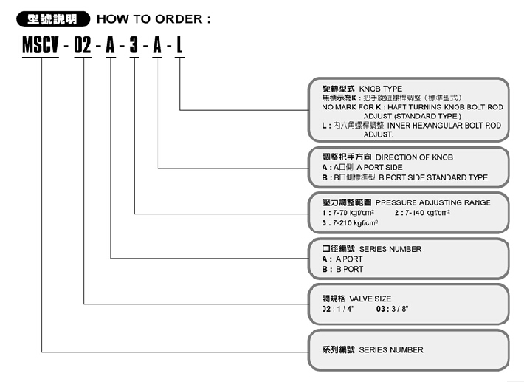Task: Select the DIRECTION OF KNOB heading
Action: (416, 157)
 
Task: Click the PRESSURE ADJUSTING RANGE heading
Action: (432, 202)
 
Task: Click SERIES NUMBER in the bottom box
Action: (391, 349)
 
